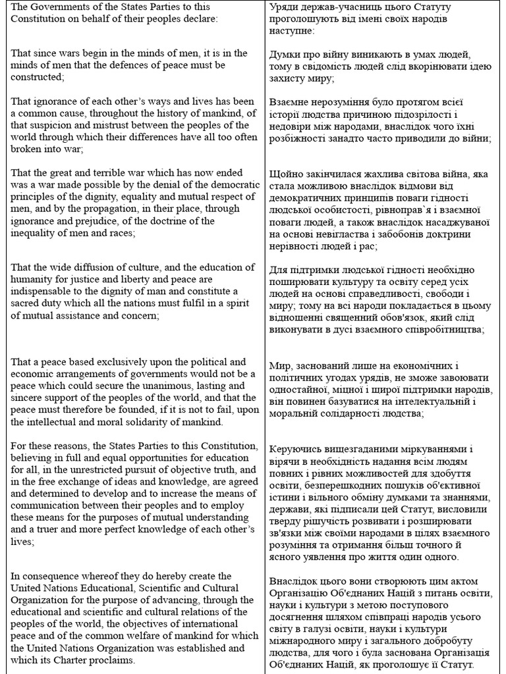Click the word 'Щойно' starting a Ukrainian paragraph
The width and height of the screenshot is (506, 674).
coord(287,174)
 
